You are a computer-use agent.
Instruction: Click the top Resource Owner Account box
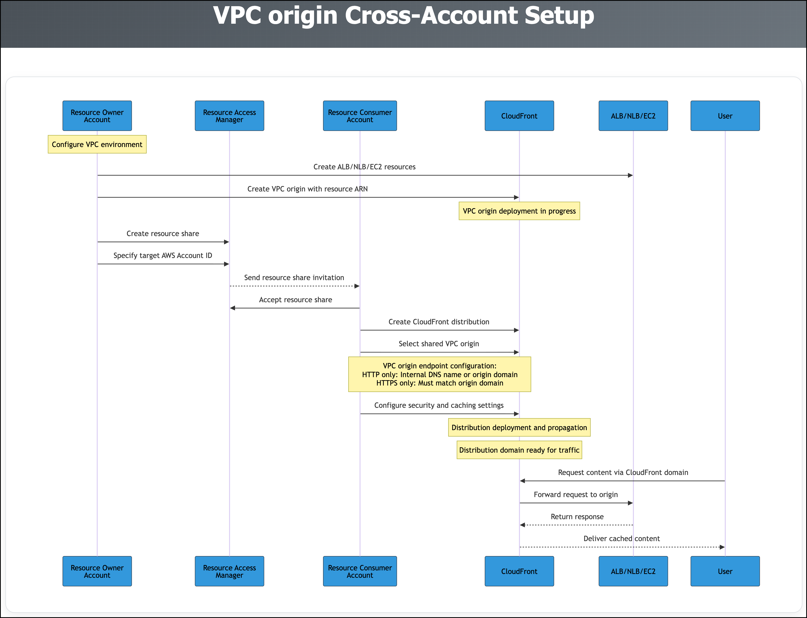[97, 116]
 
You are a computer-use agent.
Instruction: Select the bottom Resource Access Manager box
[229, 571]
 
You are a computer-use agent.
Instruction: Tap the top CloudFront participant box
[519, 116]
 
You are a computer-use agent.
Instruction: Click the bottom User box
[725, 571]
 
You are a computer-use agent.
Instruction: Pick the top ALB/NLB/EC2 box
[633, 116]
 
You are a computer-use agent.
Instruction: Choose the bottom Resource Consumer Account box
[360, 571]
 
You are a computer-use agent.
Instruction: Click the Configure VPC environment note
[97, 144]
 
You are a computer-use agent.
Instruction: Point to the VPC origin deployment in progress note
[519, 211]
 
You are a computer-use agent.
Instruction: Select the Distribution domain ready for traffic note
[519, 450]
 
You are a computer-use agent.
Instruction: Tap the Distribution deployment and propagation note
[519, 428]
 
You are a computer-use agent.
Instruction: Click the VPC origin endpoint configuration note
[440, 374]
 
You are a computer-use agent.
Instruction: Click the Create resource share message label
[163, 233]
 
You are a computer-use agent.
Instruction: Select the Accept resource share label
[296, 300]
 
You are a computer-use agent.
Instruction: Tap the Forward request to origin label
[576, 495]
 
